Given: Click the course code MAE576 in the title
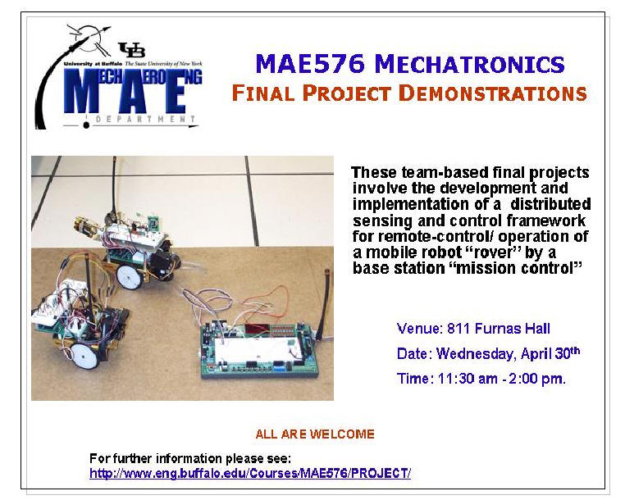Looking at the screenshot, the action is (x=310, y=64).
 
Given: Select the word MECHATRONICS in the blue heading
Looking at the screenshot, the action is (x=469, y=64).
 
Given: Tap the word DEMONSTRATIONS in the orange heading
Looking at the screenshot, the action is (x=493, y=93).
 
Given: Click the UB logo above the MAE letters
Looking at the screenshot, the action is (x=132, y=50).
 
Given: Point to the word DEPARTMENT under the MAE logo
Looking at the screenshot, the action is (x=145, y=119).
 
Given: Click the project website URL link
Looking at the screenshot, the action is (x=250, y=473).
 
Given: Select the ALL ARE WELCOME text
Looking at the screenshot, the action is (x=315, y=434).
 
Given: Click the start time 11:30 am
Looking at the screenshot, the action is (x=468, y=379).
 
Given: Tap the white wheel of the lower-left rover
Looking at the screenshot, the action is (x=84, y=356).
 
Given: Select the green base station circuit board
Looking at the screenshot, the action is (x=259, y=350).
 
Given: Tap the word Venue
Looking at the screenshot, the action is (x=420, y=329).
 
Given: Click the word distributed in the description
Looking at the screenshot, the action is (x=550, y=204).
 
